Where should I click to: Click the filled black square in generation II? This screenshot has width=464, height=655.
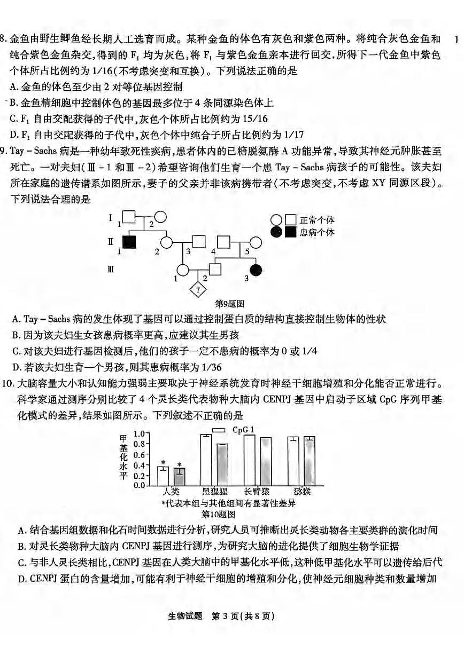point(129,242)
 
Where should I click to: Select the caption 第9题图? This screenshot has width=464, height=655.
point(230,304)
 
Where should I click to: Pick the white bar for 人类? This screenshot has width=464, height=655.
point(163,476)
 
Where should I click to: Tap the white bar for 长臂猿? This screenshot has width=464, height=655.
point(249,460)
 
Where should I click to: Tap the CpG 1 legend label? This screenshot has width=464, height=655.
point(243,429)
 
